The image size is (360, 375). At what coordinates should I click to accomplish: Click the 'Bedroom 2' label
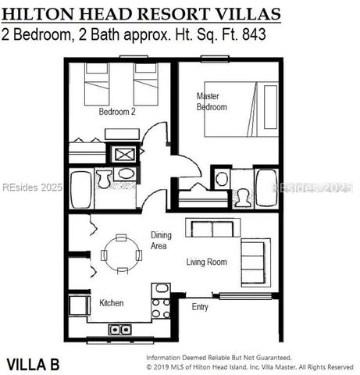116,112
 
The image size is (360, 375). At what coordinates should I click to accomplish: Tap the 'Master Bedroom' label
211,101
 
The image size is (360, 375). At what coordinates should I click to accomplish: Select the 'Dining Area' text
162,240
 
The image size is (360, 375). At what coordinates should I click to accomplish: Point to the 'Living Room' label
206,262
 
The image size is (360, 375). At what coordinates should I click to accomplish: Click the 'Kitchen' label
111,302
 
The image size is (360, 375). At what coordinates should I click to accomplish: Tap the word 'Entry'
200,307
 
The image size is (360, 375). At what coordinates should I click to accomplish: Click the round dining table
120,253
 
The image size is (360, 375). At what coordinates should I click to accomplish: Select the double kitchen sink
119,329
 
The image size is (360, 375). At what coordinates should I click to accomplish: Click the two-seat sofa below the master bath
209,228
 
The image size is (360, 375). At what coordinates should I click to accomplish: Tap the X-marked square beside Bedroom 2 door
124,153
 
